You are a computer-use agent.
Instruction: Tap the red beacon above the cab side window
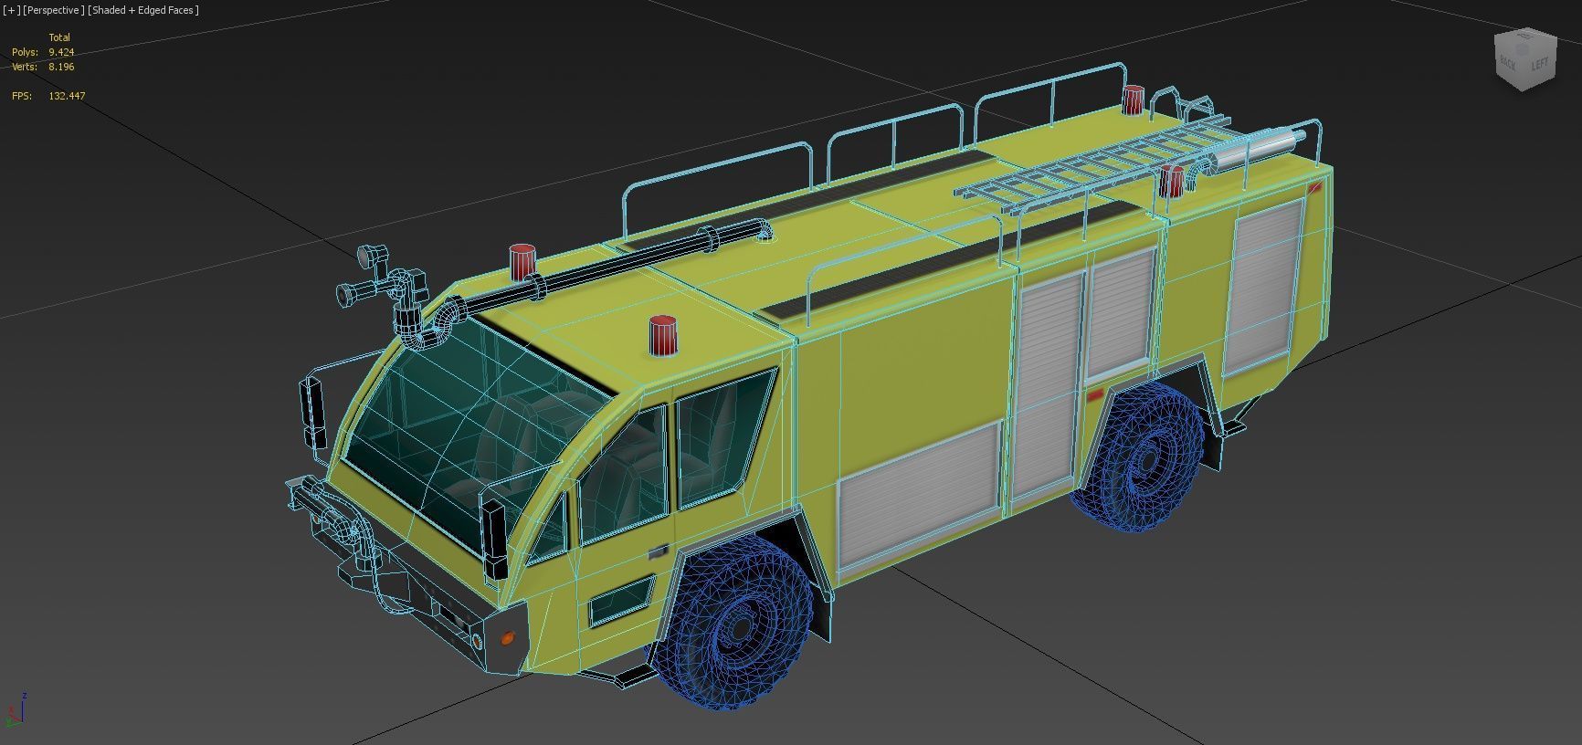point(663,336)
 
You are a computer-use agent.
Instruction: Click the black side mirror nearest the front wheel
point(494,540)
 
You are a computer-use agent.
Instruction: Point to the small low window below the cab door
point(621,600)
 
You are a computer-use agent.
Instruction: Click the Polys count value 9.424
point(61,52)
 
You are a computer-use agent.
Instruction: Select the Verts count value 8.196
point(61,67)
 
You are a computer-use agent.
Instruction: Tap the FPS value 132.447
point(67,96)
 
